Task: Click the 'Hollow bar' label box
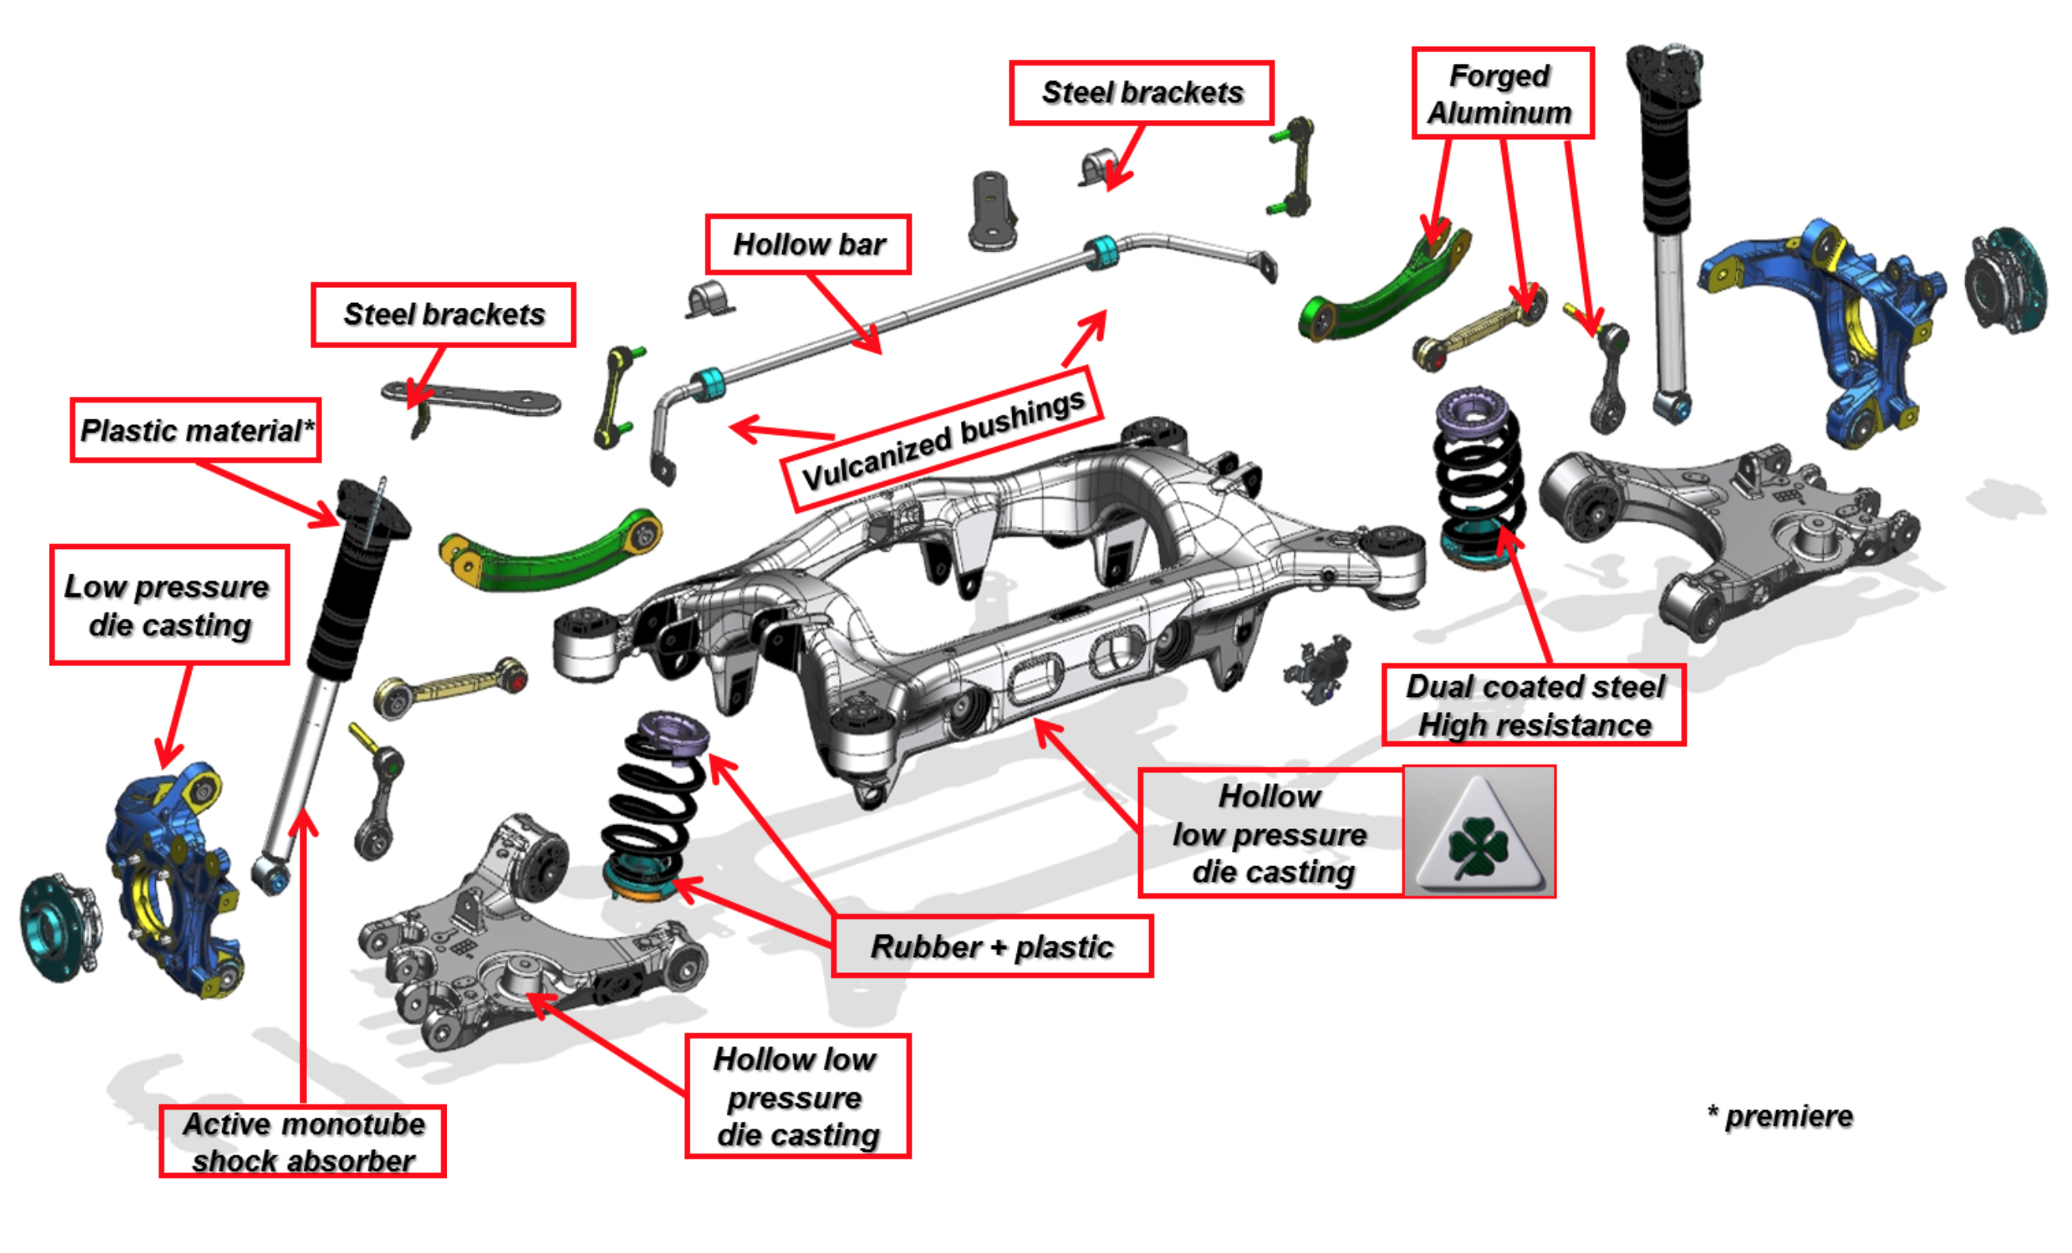coord(808,244)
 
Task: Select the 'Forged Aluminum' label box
coord(1502,93)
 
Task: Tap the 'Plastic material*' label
coord(196,430)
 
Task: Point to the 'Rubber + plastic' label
coord(992,947)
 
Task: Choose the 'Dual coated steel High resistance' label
coord(1533,706)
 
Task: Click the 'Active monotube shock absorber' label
coord(303,1142)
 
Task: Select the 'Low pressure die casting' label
coord(169,605)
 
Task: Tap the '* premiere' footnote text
coord(1780,1117)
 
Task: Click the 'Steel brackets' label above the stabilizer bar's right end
coord(1141,93)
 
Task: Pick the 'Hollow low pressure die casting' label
coord(797,1096)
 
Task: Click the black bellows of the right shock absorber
coord(1665,168)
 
